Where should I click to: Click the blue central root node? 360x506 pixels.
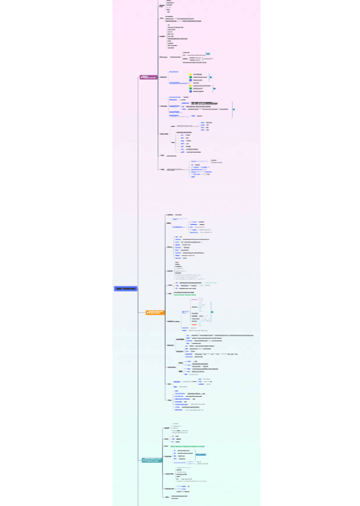126,289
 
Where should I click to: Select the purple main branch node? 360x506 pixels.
148,77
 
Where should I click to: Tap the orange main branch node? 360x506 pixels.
155,312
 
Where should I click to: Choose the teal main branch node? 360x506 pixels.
152,460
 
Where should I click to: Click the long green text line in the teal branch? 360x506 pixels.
187,446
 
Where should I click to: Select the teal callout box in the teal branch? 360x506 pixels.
201,455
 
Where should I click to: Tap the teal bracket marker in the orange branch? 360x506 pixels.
211,312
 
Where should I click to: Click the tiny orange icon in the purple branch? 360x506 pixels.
190,82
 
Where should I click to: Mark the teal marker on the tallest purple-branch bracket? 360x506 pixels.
233,109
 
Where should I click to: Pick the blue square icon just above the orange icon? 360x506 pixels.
190,80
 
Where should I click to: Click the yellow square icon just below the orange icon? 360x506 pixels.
190,85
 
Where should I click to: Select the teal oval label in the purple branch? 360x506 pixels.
208,54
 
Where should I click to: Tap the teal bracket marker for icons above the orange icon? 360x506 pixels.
210,77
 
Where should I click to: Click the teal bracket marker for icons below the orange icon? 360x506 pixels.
214,88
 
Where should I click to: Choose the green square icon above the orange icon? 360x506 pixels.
190,77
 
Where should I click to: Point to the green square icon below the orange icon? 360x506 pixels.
190,88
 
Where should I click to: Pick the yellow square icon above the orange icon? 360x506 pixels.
190,74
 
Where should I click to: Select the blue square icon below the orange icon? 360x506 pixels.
190,91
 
